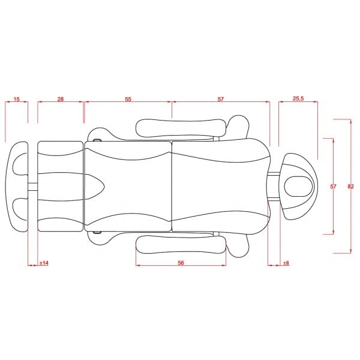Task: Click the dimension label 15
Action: pyautogui.click(x=17, y=99)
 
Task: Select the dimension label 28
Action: pyautogui.click(x=60, y=99)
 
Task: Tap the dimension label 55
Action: pyautogui.click(x=128, y=99)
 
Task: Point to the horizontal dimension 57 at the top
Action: pyautogui.click(x=220, y=99)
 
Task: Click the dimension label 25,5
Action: pyautogui.click(x=298, y=98)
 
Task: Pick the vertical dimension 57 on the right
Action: pyautogui.click(x=333, y=187)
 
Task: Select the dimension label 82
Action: pyautogui.click(x=350, y=187)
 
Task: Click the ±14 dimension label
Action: pyautogui.click(x=44, y=263)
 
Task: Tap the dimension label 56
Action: pyautogui.click(x=181, y=263)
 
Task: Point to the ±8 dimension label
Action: pyautogui.click(x=286, y=263)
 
